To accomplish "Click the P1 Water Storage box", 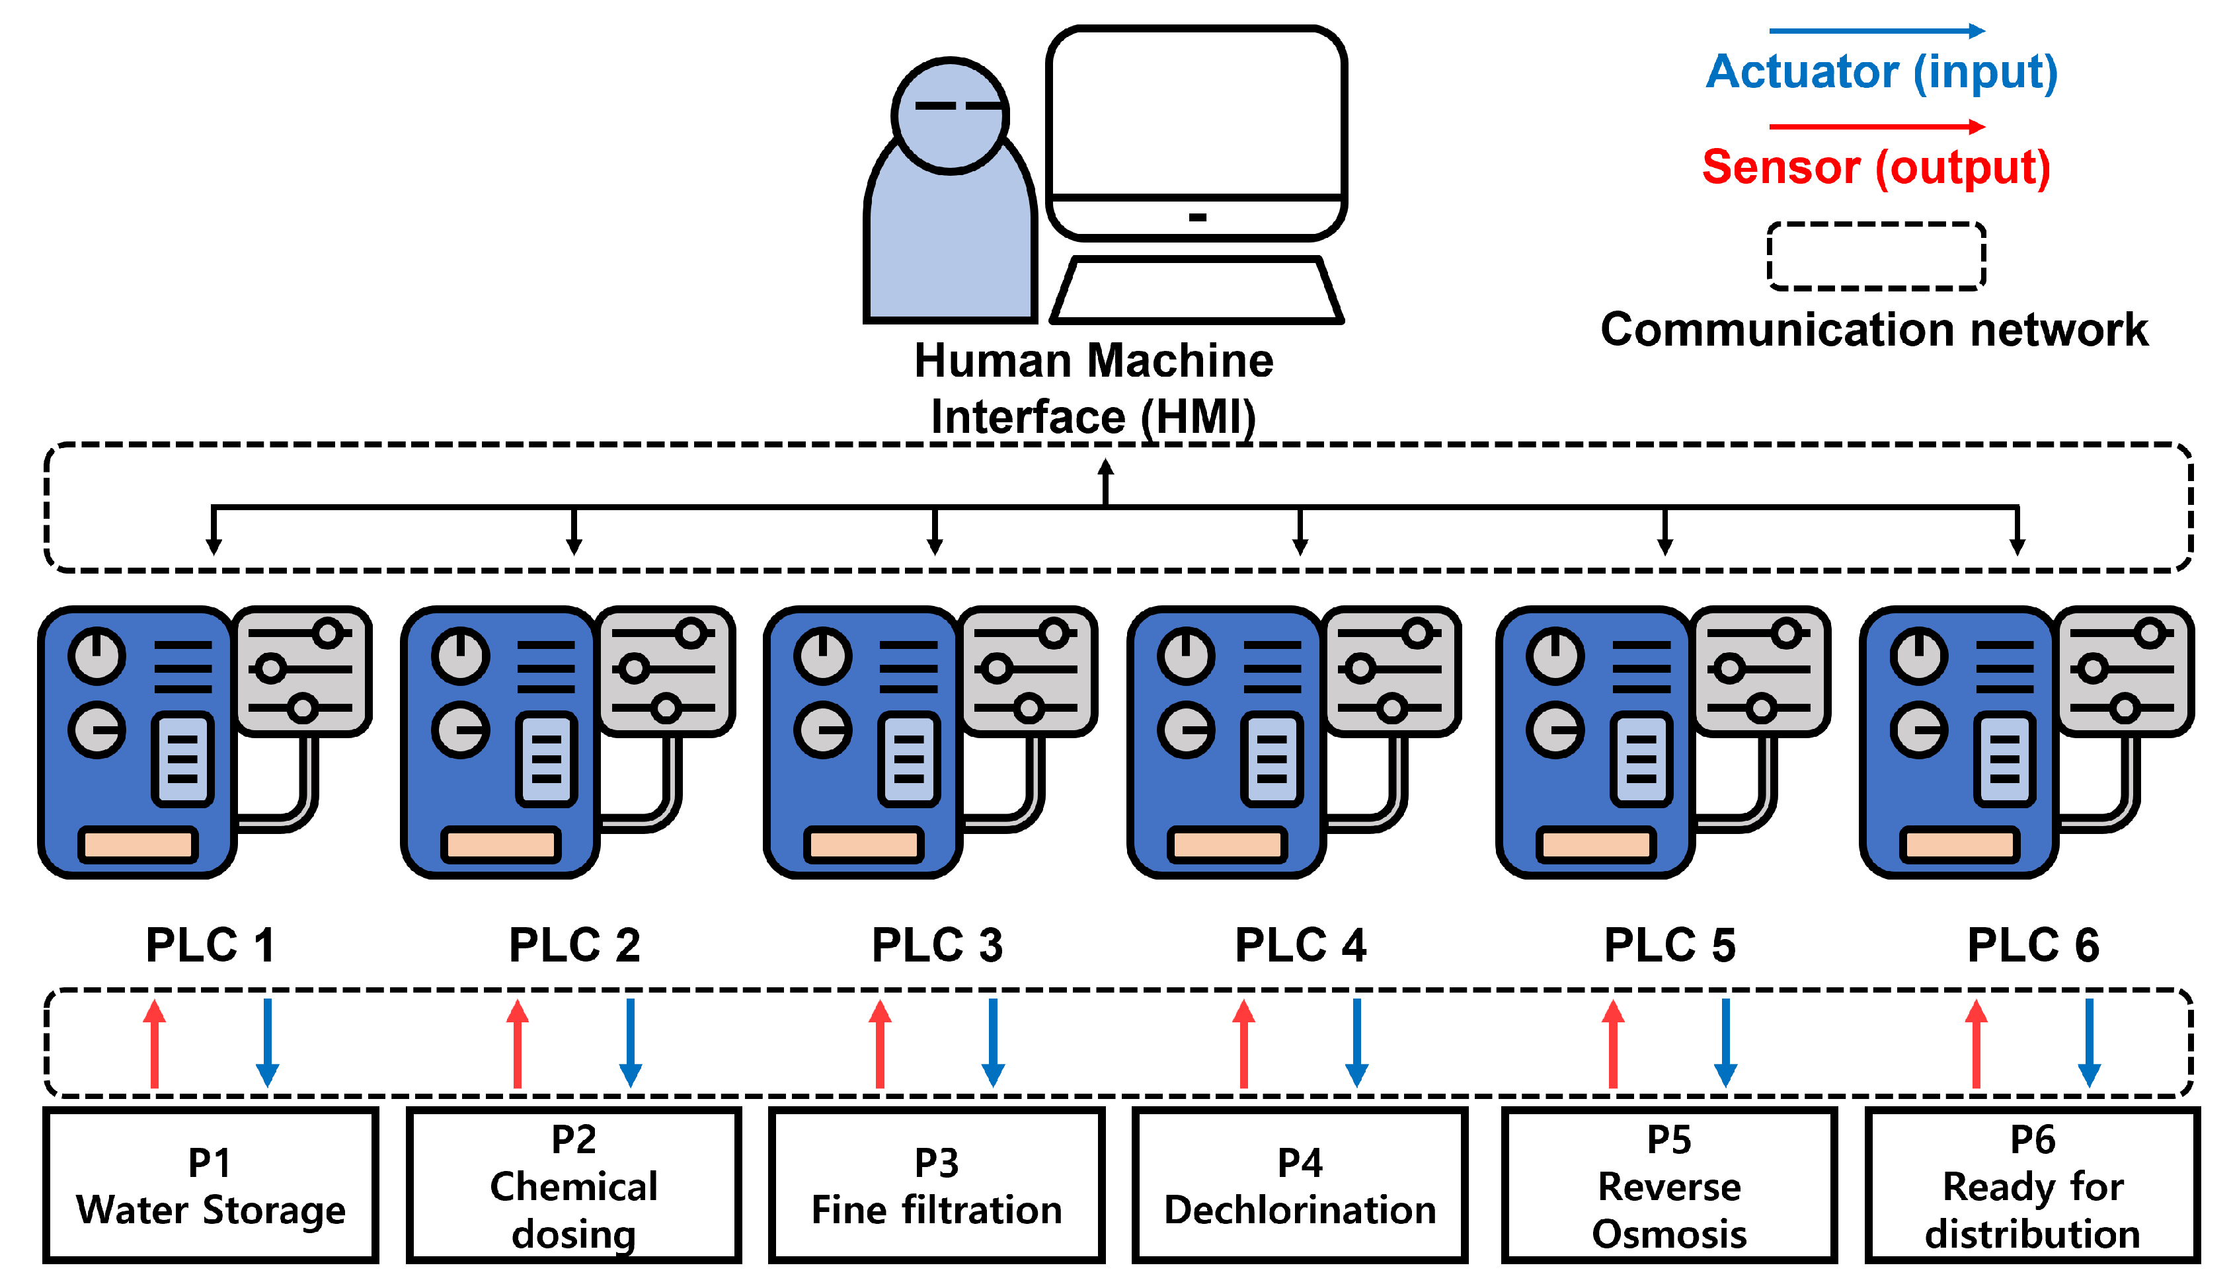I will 210,1186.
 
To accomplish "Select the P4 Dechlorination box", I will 1299,1186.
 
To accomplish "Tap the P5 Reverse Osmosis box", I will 1668,1186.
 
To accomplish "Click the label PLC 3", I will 937,945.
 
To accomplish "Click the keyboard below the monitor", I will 1196,289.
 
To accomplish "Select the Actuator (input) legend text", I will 1881,73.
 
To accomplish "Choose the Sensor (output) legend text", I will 1876,168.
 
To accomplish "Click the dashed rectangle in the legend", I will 1876,256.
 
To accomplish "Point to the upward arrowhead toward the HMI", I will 1105,468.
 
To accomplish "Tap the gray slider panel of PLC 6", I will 2123,671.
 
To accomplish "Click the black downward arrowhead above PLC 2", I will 574,547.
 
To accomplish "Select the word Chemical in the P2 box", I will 574,1186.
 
